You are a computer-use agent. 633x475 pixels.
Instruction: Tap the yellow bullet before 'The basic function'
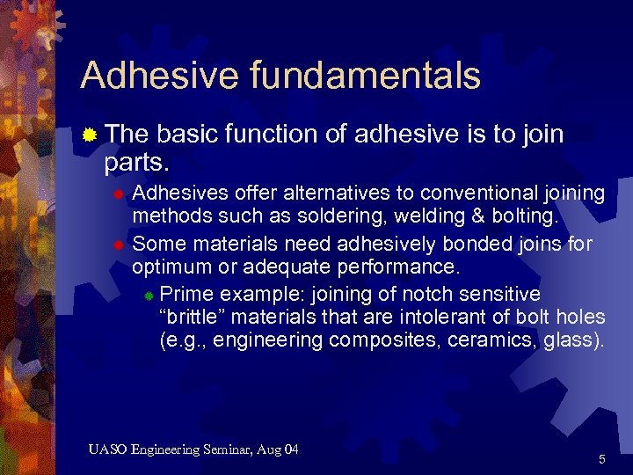pos(89,135)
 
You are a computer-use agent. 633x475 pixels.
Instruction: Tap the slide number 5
pos(601,459)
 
